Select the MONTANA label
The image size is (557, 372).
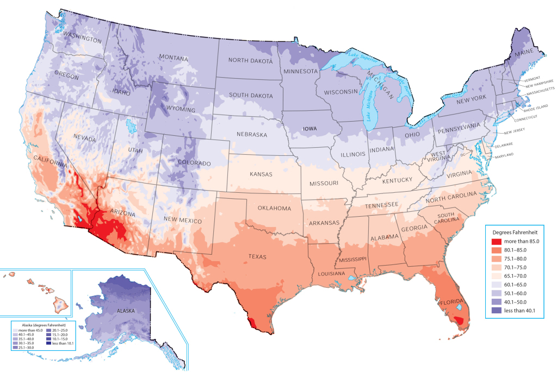point(174,58)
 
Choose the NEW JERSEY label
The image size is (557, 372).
point(515,133)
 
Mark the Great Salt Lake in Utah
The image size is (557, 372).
point(131,128)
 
